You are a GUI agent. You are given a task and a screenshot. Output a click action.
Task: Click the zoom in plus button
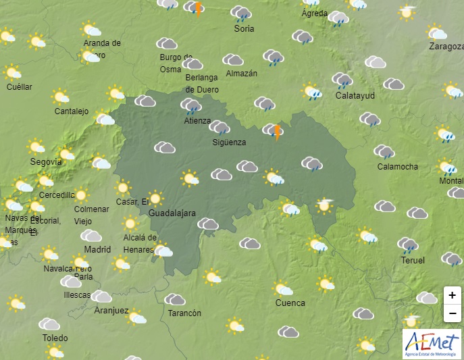point(452,295)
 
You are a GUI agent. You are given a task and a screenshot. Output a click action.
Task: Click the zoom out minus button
point(452,313)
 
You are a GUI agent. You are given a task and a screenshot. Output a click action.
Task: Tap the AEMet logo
point(432,344)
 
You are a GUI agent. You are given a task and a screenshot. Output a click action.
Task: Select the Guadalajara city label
point(172,213)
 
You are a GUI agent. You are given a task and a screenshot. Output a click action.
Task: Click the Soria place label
point(244,29)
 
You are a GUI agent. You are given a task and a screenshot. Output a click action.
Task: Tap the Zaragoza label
point(446,47)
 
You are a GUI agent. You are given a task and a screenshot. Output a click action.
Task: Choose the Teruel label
point(412,260)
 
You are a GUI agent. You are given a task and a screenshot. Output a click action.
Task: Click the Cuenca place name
point(290,303)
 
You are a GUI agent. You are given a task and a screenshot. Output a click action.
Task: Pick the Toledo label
point(55,338)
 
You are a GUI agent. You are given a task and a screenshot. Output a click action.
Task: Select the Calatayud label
point(355,95)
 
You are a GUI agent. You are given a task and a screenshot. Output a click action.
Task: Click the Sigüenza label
point(229,143)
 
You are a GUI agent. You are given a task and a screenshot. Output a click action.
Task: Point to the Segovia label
point(46,162)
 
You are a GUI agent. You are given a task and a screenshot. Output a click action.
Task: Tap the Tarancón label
point(184,313)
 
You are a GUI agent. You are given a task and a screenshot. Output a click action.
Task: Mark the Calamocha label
point(397,167)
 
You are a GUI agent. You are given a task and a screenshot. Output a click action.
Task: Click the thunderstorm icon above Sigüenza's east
point(273,130)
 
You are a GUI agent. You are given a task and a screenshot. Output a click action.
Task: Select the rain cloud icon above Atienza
point(190,105)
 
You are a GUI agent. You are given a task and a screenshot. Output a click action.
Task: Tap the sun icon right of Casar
point(155,198)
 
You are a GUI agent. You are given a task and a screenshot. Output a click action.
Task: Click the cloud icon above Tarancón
point(175,299)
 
